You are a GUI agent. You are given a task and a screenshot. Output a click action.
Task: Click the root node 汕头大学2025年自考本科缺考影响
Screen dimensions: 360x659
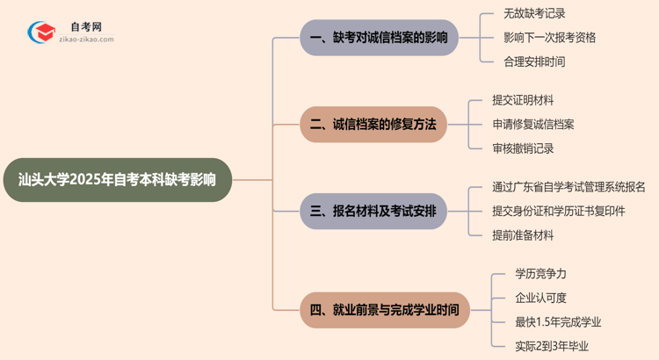117,180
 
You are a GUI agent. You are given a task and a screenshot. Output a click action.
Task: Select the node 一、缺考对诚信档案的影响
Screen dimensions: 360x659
379,38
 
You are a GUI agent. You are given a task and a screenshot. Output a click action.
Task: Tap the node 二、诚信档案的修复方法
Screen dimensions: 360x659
373,125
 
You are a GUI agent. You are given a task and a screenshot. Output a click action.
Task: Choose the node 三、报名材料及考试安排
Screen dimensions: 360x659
373,212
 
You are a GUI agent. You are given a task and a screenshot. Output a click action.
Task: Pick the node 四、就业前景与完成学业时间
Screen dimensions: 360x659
385,310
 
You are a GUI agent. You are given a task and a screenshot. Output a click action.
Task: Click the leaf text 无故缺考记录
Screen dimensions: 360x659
535,14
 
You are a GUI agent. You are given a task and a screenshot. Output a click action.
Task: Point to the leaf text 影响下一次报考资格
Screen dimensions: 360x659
550,38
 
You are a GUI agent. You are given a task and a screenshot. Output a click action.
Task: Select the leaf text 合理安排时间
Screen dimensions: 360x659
535,61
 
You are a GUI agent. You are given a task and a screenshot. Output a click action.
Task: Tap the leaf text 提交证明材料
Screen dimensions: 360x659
524,101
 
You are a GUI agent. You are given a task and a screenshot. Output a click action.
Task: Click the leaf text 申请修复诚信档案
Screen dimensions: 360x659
534,125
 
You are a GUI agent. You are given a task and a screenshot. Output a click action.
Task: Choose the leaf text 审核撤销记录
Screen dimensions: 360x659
524,148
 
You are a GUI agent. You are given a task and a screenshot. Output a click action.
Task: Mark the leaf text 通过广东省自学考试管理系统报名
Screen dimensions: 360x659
569,187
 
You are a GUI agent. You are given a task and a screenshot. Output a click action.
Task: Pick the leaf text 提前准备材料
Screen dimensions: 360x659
524,234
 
